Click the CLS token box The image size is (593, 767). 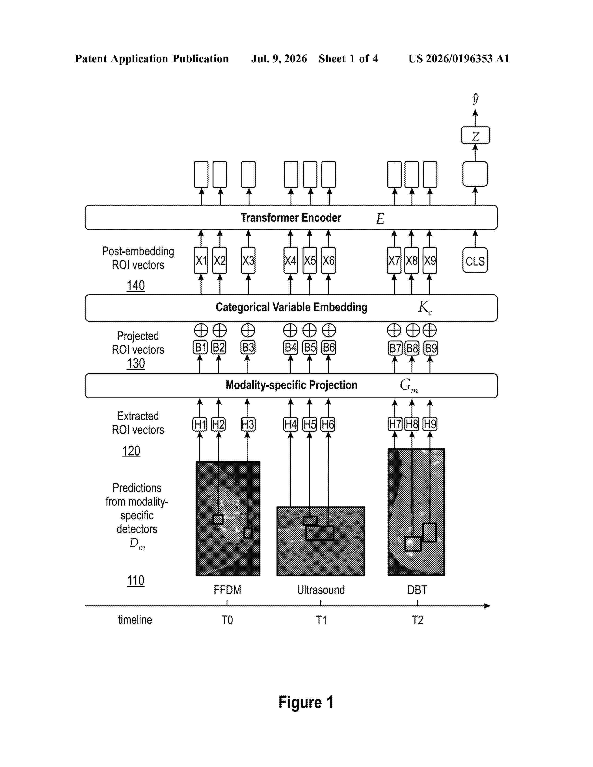475,260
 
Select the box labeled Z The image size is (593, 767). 475,135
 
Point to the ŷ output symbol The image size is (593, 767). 475,99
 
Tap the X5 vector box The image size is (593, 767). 310,260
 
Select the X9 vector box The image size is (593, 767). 430,260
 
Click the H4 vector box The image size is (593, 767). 290,424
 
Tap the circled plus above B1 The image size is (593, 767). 201,331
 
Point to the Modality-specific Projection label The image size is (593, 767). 291,385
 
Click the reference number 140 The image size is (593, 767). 136,285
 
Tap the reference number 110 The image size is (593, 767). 136,581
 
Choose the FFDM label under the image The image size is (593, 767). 227,590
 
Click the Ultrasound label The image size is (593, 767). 321,590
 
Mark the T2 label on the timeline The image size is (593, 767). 417,620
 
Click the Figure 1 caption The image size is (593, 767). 306,703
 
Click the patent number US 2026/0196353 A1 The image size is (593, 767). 459,59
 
